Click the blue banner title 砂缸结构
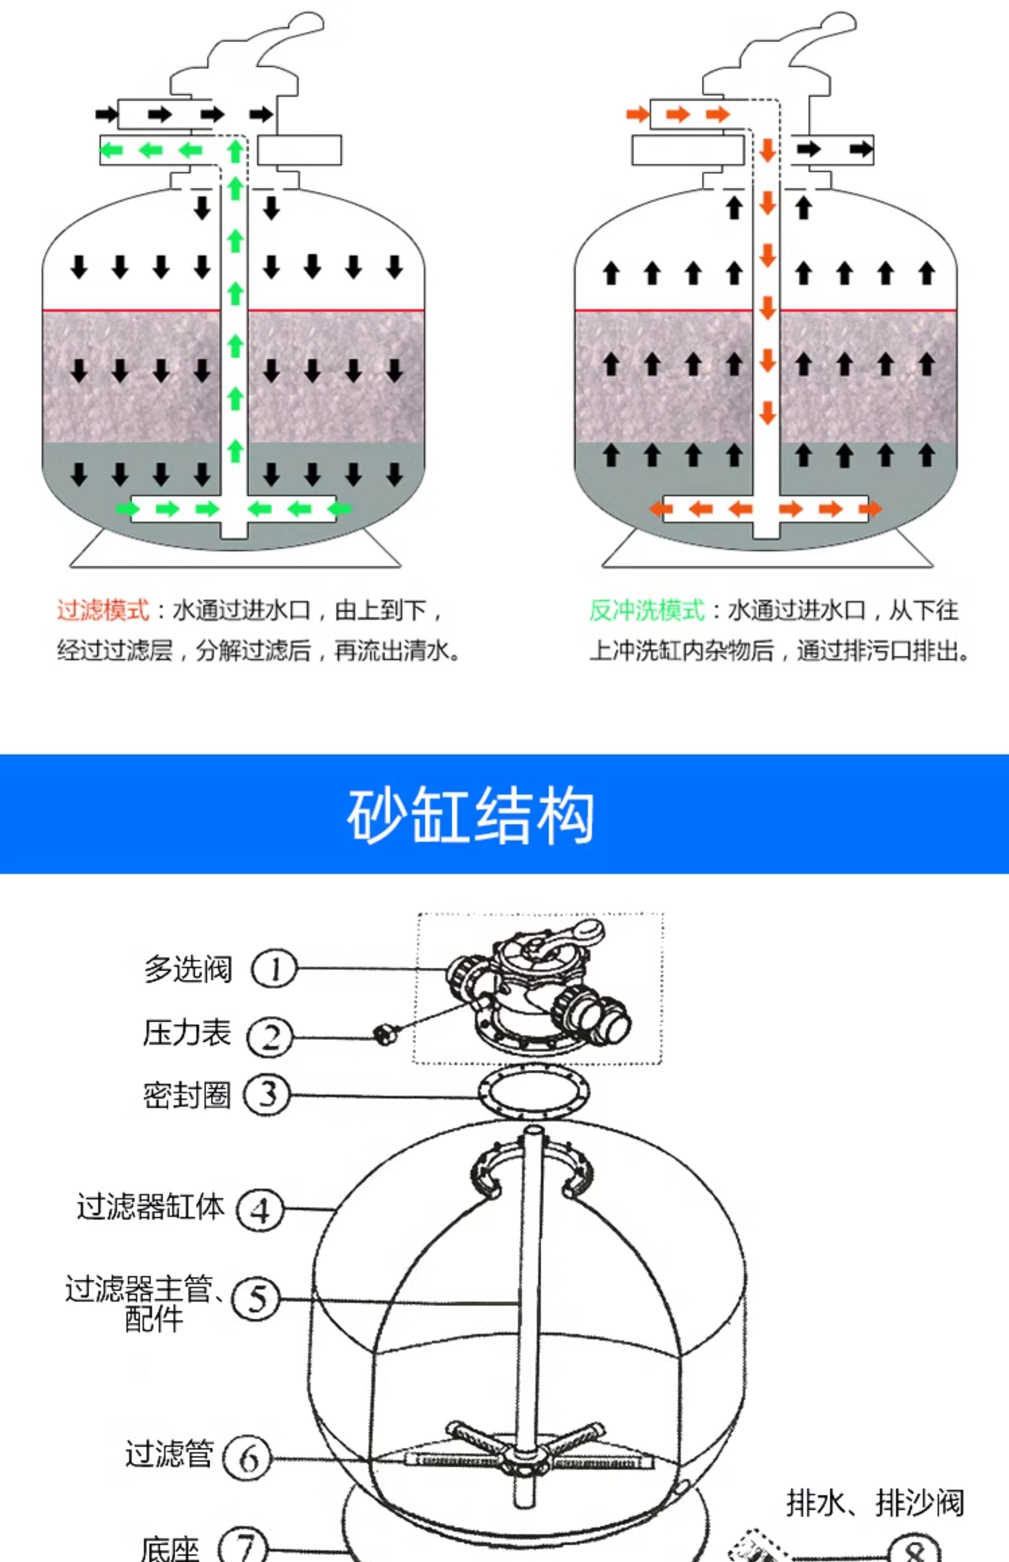470,816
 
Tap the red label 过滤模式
103,611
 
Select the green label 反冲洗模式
646,611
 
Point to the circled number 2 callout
269,1037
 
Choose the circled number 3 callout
266,1094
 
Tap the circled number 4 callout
260,1210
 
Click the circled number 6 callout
247,1458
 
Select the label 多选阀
188,969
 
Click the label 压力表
187,1033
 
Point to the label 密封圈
187,1094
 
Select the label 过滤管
169,1454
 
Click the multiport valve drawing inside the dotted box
537,989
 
